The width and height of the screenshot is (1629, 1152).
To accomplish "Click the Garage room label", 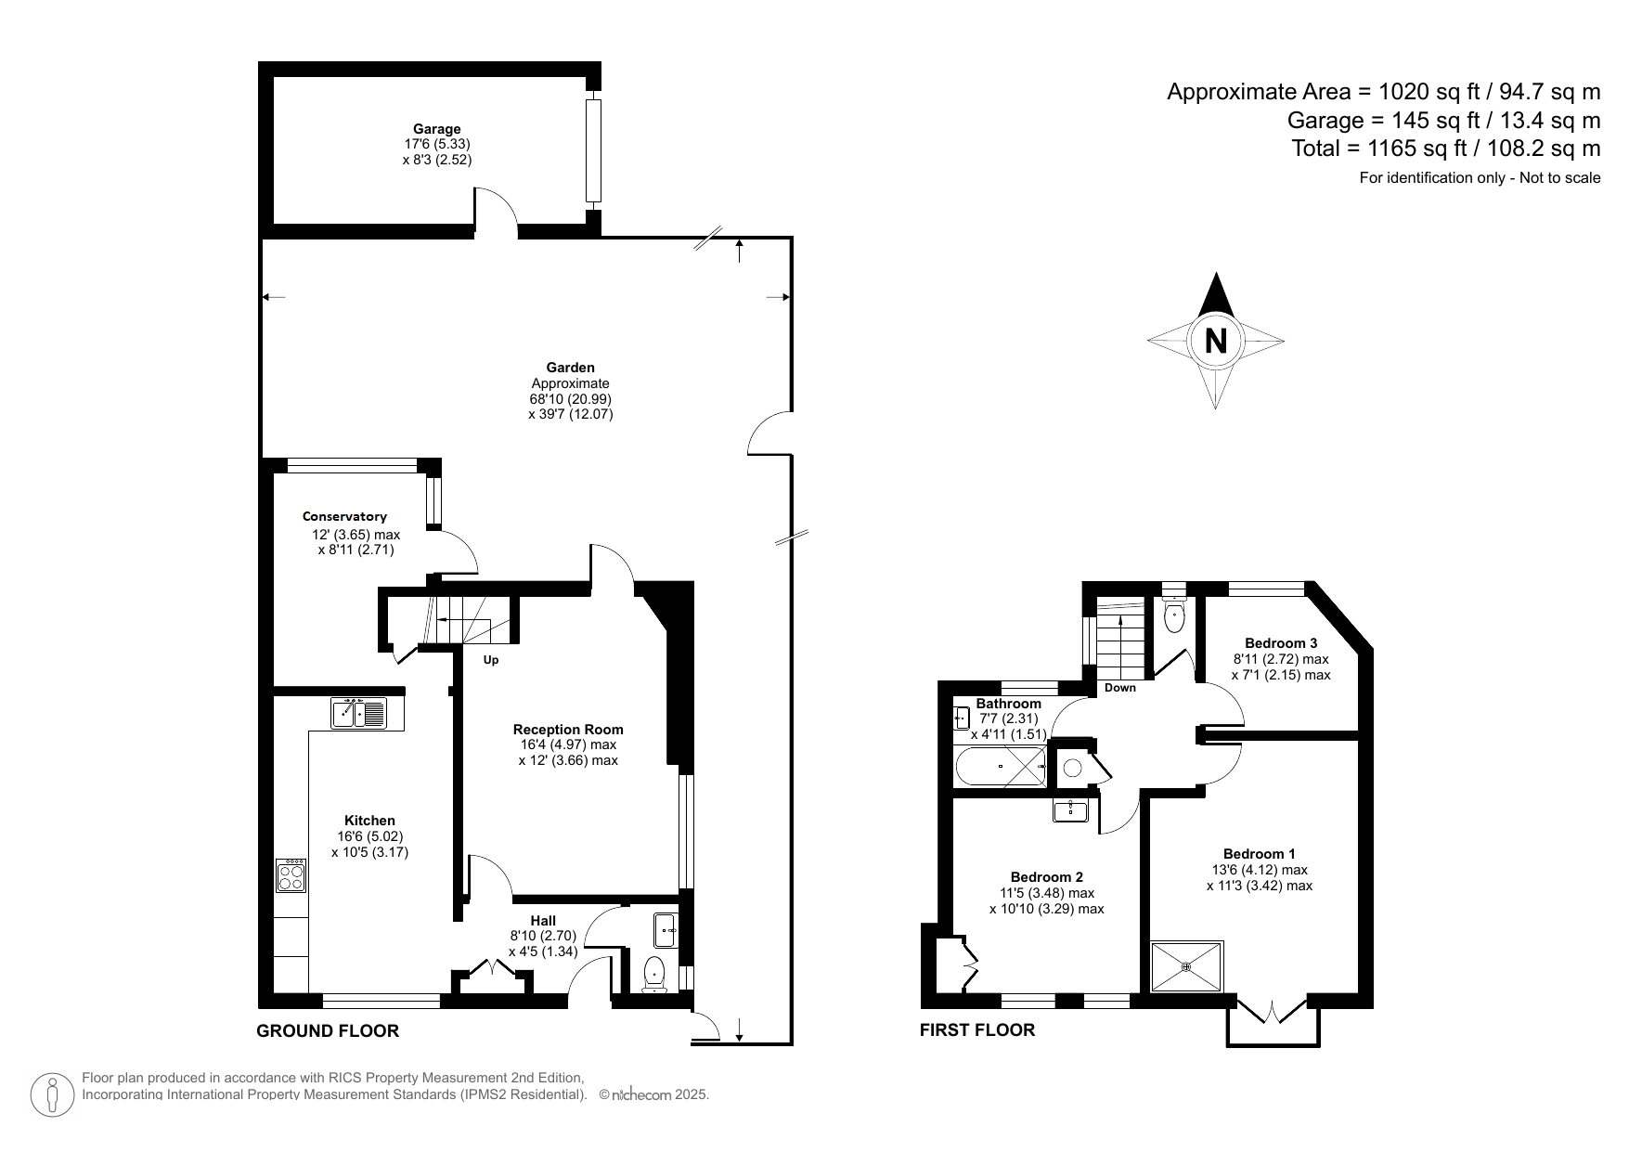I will (x=436, y=129).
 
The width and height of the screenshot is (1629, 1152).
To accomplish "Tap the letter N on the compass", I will (x=1215, y=341).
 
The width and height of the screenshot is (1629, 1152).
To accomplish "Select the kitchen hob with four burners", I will (x=291, y=875).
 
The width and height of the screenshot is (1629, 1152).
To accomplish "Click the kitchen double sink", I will (x=358, y=713).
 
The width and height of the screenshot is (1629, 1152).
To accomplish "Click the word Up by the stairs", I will (x=491, y=660).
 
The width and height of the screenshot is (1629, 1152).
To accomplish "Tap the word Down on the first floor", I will (x=1120, y=688).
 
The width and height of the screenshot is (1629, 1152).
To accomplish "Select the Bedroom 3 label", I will (x=1281, y=642).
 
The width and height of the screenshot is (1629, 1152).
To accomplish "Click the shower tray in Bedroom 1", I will (x=1186, y=966).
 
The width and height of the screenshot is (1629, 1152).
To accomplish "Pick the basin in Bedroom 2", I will (x=1072, y=810).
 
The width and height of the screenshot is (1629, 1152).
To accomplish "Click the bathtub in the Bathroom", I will (x=1001, y=768).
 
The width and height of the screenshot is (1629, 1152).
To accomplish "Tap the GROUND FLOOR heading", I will (x=328, y=1030).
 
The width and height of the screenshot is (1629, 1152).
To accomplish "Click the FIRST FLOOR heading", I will (x=976, y=1029).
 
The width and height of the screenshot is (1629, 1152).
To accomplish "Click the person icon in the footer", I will (x=53, y=1094).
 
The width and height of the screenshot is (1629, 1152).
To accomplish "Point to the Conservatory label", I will (x=344, y=516).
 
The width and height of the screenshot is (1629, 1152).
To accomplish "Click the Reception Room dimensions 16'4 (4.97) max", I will (x=568, y=744).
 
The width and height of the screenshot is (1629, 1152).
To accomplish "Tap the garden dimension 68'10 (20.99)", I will (x=570, y=398).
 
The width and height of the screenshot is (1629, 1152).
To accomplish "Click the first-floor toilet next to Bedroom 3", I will (x=1174, y=616).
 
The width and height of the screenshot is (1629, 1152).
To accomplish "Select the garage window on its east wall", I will (x=593, y=150).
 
